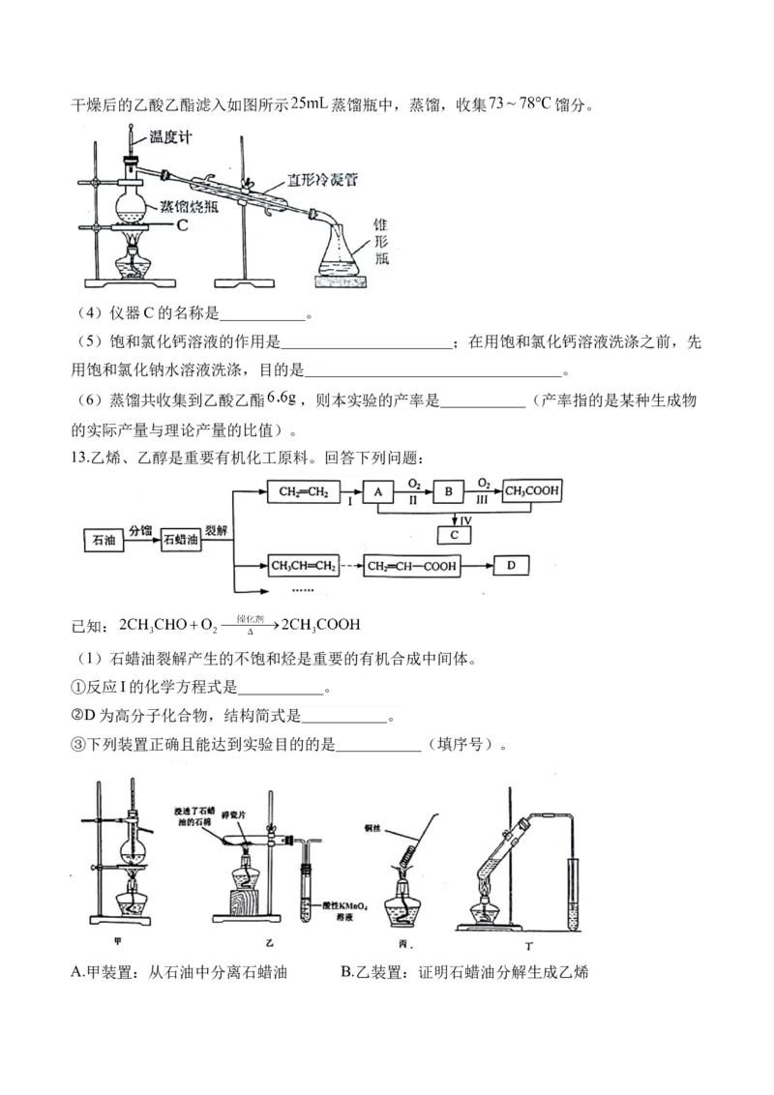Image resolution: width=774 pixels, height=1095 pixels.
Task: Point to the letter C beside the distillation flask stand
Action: coord(183,224)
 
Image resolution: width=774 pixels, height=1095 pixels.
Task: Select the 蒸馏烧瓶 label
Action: coord(188,206)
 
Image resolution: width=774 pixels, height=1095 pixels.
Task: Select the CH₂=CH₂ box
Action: coord(303,492)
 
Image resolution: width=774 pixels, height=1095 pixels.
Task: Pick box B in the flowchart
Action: coord(448,492)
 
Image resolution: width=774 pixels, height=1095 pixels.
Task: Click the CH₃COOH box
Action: coord(531,492)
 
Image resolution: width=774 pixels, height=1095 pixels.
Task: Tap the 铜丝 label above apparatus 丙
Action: coord(376,829)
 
